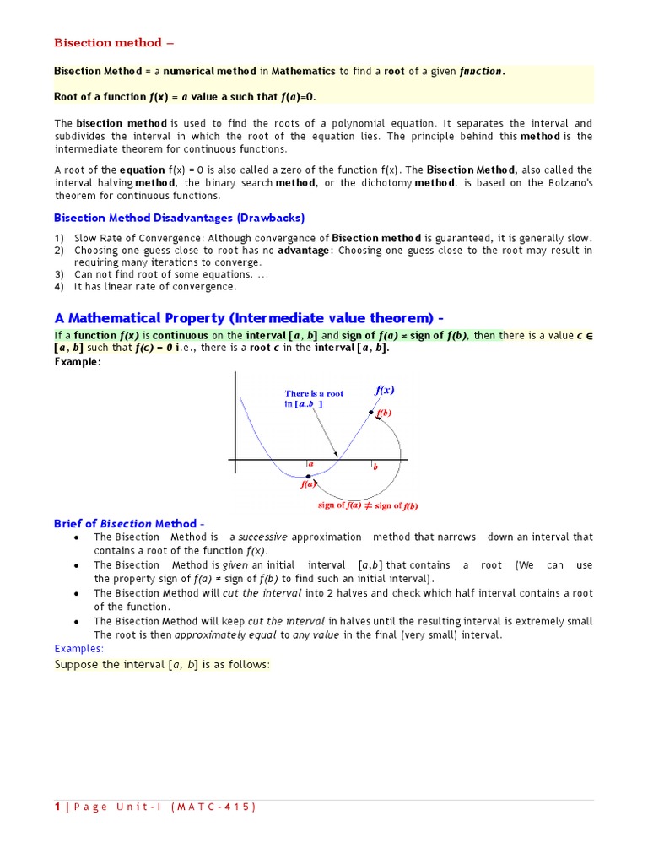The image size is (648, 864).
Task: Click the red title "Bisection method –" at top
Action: [x=114, y=43]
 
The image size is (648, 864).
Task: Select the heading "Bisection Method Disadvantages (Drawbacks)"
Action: [x=179, y=218]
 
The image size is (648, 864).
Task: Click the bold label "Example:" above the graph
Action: [x=78, y=362]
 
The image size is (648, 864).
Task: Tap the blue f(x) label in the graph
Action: [x=384, y=390]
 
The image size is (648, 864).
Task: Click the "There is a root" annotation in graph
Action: [x=314, y=393]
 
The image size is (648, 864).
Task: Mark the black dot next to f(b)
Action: [x=370, y=413]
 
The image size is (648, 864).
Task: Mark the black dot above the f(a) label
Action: [x=308, y=477]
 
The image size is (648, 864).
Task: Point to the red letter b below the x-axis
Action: [x=375, y=466]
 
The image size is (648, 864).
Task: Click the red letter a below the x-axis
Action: [x=311, y=464]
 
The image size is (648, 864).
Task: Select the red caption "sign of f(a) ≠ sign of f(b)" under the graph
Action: [x=368, y=505]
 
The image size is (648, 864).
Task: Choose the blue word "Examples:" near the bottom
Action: [x=79, y=649]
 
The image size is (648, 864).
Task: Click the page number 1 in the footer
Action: [x=57, y=807]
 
